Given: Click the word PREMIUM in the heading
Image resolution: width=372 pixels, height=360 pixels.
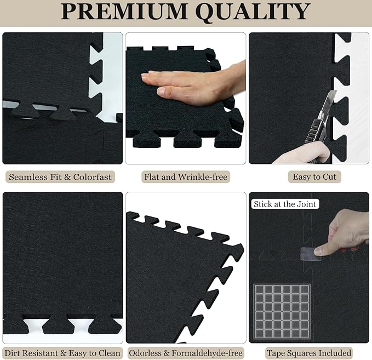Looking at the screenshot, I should (x=124, y=12).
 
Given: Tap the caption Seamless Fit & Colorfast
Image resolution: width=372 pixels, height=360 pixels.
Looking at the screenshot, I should (x=61, y=177).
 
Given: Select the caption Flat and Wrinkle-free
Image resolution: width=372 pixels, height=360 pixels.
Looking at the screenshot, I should (x=186, y=177).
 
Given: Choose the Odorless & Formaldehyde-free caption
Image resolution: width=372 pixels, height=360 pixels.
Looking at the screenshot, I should (x=185, y=353).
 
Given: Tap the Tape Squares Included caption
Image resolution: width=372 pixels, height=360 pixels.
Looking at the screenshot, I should (x=309, y=353).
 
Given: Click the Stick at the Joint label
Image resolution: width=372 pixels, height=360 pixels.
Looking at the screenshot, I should (x=285, y=204).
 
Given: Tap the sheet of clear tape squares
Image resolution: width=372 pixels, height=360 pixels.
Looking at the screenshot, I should (x=282, y=311).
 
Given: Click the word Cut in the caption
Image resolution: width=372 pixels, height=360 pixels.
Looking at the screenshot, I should (x=328, y=176).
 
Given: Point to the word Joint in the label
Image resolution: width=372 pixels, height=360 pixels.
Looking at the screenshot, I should (x=304, y=204).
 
